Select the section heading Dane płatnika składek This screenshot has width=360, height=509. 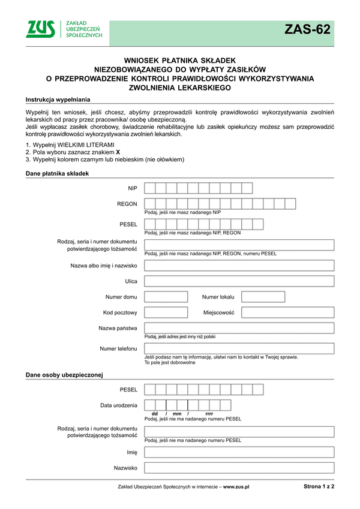[x=57, y=173]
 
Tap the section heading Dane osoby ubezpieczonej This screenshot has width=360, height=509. [x=64, y=375]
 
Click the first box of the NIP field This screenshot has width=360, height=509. [x=150, y=188]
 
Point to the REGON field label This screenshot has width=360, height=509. [x=127, y=204]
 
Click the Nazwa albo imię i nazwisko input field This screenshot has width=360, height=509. [x=239, y=266]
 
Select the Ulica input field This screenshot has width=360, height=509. [x=239, y=281]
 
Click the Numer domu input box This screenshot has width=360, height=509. [x=166, y=297]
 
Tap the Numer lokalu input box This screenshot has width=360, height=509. [x=263, y=297]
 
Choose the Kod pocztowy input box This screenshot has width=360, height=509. [x=166, y=312]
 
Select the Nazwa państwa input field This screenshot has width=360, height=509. [x=239, y=329]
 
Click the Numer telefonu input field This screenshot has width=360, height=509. [x=239, y=348]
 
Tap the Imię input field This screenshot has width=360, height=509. [x=239, y=453]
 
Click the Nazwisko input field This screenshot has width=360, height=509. [x=239, y=468]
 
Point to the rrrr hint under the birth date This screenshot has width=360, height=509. [x=209, y=414]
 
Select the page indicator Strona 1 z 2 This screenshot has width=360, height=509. [x=315, y=487]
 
